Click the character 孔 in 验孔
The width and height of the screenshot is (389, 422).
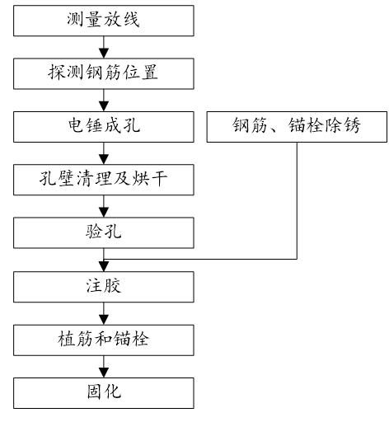114,231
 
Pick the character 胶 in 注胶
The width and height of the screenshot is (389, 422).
114,285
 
